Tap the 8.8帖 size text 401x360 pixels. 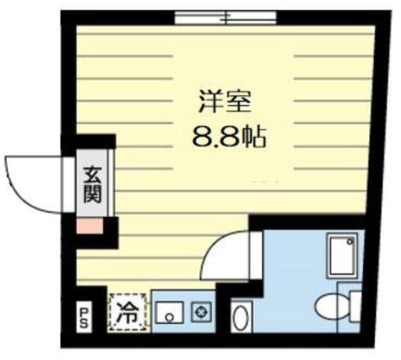pyautogui.click(x=228, y=136)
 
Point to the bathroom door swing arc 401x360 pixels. pyautogui.click(x=230, y=255)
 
